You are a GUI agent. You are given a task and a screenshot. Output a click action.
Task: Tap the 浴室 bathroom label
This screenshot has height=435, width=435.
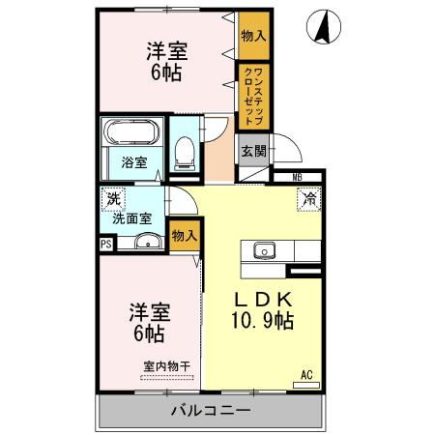(x=133, y=162)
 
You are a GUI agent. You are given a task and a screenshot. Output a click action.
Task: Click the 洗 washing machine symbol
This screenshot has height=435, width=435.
(x=113, y=198)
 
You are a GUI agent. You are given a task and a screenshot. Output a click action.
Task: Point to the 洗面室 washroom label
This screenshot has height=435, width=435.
(x=132, y=218)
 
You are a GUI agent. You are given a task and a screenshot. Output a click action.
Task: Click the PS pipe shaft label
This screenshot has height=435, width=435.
(x=105, y=244)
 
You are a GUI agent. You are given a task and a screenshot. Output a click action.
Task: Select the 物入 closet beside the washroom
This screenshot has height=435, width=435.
(x=184, y=235)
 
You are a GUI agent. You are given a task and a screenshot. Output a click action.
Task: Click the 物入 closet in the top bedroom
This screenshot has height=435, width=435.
(x=252, y=37)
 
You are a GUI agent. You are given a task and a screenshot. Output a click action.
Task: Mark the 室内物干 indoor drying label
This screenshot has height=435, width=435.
(x=166, y=366)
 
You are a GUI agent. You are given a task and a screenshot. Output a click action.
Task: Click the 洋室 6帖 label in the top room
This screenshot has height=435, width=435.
(x=166, y=61)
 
